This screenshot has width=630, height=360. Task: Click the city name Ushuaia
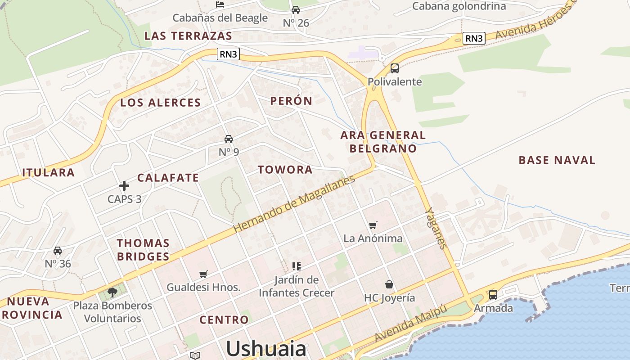point(266,349)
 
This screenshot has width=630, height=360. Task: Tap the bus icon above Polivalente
point(395,68)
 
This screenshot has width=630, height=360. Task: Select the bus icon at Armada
point(493,295)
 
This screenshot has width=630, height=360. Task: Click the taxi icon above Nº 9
point(229,139)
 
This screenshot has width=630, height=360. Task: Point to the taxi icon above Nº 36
point(58,251)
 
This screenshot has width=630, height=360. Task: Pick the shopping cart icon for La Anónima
point(373,225)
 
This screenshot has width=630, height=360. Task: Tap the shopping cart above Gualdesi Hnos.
point(203,274)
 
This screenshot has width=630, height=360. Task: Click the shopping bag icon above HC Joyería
point(389,284)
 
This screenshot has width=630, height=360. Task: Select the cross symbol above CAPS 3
point(124,185)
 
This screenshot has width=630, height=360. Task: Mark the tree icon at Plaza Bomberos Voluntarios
point(112,292)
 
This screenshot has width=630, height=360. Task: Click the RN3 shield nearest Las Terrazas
point(228,54)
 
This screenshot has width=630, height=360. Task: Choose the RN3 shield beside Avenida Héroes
point(474,38)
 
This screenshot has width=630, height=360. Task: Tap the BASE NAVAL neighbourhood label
point(557,160)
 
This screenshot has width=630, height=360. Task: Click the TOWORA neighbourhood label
point(285,170)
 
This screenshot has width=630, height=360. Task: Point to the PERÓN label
point(291,101)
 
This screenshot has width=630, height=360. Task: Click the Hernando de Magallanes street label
point(294,203)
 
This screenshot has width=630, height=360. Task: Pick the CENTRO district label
point(224,320)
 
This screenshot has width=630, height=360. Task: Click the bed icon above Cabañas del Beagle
point(220,4)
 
